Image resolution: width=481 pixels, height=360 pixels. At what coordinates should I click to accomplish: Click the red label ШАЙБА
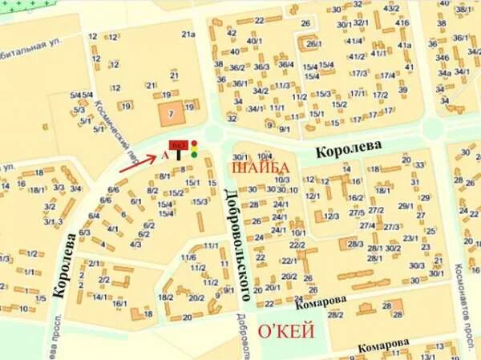point(261,168)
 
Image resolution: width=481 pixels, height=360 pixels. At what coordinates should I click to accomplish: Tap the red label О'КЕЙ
point(284,331)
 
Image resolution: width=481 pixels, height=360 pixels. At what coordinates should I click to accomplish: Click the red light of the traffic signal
point(194,144)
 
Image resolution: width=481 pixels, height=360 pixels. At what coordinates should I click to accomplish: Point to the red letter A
point(165,150)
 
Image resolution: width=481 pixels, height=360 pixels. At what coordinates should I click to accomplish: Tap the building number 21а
point(188,34)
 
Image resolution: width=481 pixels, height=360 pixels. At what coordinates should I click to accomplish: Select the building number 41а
point(404,45)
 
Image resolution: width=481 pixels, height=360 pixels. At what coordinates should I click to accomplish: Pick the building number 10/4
point(265,156)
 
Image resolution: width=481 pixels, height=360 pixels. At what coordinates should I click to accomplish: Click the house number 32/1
point(361,22)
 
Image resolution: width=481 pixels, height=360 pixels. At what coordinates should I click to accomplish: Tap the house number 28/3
point(356,243)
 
